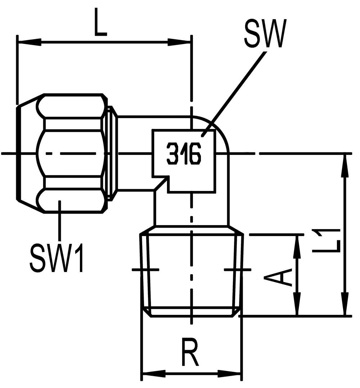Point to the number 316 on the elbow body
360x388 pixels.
coord(184,154)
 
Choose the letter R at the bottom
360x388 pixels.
coord(190,352)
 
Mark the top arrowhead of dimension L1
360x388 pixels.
coord(345,166)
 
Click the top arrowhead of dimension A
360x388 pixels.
coord(298,246)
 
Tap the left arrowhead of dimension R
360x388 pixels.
coord(155,373)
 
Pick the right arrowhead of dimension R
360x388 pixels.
coord(229,373)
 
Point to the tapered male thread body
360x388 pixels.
coord(192,271)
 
